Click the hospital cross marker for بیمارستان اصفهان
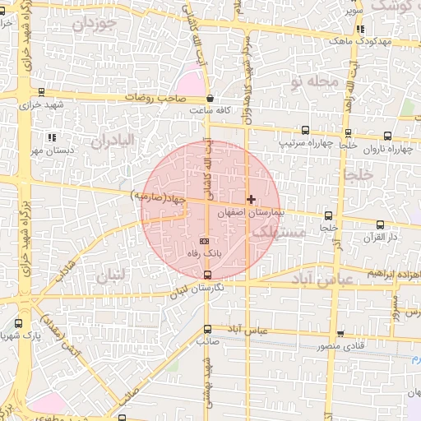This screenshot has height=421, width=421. (251, 200)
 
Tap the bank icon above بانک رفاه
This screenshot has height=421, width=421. (204, 240)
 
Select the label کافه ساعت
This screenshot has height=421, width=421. (209, 109)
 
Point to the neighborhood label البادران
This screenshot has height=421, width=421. (112, 141)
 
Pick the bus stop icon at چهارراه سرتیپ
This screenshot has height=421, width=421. (306, 130)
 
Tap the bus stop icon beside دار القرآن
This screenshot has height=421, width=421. (380, 224)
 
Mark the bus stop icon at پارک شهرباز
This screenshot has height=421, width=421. (18, 324)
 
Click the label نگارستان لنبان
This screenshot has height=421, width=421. (195, 290)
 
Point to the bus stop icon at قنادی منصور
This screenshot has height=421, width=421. (340, 334)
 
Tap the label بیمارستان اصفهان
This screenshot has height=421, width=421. (250, 212)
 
